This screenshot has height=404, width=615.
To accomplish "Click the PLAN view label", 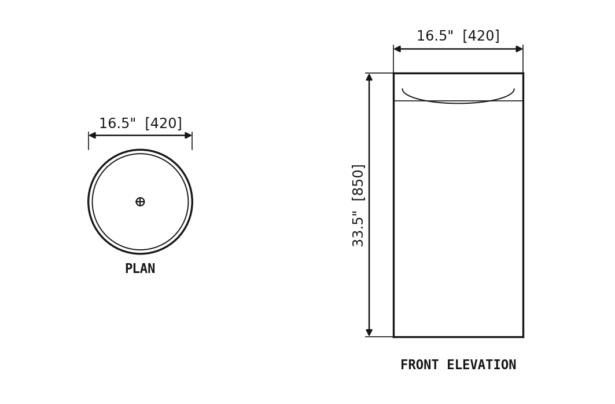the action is tap(140, 269).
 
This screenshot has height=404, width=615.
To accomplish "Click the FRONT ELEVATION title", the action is tap(458, 365).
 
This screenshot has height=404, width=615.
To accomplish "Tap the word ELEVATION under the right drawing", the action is tap(482, 365).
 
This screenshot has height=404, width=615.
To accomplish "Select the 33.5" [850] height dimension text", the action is tap(358, 206).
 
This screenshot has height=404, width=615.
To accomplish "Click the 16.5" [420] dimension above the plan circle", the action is tap(141, 123).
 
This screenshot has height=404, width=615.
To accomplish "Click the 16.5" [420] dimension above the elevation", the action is tap(458, 36).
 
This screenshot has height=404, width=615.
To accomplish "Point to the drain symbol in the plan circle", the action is tap(140, 202).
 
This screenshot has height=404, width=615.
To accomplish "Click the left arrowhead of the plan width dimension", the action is tap(92, 136).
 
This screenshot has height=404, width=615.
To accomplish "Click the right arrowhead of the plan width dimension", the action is tap(188, 136).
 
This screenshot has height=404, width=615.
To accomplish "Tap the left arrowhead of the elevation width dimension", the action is tap(397, 49).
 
